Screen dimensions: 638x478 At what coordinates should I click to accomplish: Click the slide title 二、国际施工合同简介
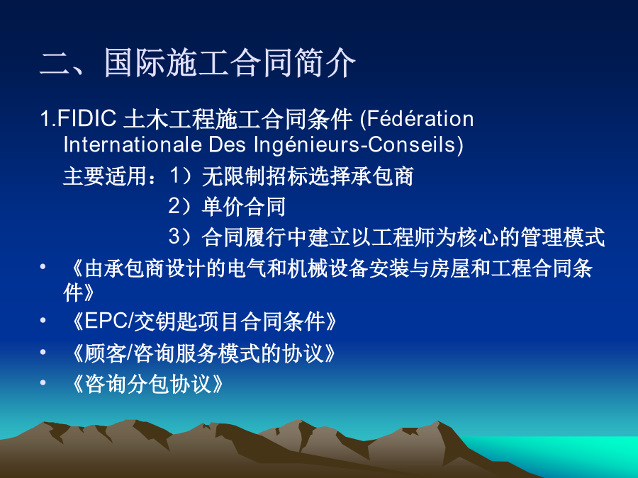(x=198, y=63)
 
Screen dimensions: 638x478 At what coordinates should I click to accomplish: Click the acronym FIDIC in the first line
(x=86, y=119)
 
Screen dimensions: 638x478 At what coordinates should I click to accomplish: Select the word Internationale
(x=133, y=144)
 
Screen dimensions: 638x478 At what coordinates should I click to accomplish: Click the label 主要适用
(x=105, y=176)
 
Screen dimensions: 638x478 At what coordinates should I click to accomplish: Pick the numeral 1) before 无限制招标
(x=180, y=176)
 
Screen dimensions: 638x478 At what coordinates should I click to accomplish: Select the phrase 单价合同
(x=244, y=207)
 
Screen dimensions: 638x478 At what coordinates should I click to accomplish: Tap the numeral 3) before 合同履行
(x=180, y=237)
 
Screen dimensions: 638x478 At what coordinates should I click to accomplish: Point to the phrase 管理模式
(x=563, y=237)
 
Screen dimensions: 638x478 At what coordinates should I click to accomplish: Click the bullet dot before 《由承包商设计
(x=43, y=267)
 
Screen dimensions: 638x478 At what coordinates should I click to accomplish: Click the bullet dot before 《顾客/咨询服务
(x=43, y=352)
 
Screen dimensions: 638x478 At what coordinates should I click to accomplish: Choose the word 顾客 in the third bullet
(x=106, y=353)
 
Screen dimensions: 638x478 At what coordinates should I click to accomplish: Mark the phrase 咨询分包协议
(x=149, y=383)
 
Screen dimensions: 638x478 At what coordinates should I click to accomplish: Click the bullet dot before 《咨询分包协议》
(x=43, y=382)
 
